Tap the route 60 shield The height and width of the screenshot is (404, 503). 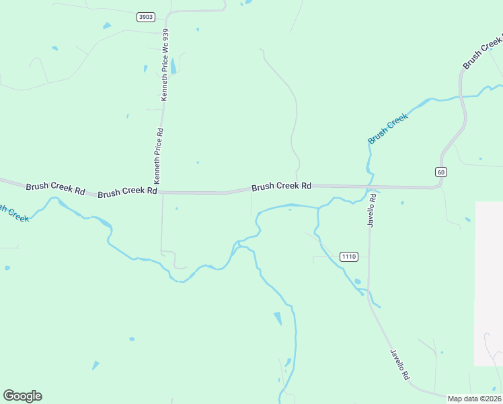(440, 172)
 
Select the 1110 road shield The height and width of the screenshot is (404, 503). (348, 257)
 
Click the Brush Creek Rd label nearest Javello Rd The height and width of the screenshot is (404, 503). (281, 186)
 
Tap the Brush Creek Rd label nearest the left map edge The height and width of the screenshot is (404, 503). (55, 188)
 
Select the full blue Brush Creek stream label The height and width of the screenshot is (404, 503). (388, 129)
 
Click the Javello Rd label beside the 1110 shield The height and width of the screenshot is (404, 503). (371, 209)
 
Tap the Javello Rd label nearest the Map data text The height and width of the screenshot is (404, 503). (399, 364)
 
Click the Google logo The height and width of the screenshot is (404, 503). (22, 396)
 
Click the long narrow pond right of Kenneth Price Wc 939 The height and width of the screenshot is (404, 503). (173, 66)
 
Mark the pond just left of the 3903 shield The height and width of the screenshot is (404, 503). (107, 26)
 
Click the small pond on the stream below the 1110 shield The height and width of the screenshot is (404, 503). (358, 281)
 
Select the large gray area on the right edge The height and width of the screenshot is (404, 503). (489, 283)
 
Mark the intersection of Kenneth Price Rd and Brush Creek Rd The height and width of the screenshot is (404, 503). (161, 193)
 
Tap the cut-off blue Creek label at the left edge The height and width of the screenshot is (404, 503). (13, 213)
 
